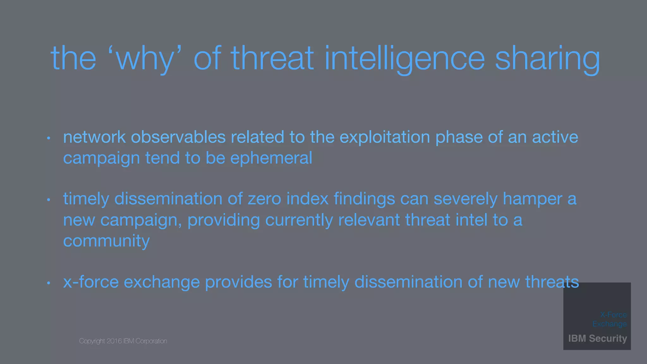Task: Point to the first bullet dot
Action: point(49,138)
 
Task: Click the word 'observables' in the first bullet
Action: point(178,137)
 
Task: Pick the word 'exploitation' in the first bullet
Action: point(384,137)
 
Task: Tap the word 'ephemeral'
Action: point(271,158)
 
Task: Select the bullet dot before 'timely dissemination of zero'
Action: point(49,200)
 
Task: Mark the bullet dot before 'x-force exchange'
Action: point(49,283)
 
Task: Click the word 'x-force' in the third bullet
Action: point(91,282)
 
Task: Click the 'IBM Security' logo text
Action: point(597,338)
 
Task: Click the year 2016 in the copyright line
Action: point(114,341)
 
